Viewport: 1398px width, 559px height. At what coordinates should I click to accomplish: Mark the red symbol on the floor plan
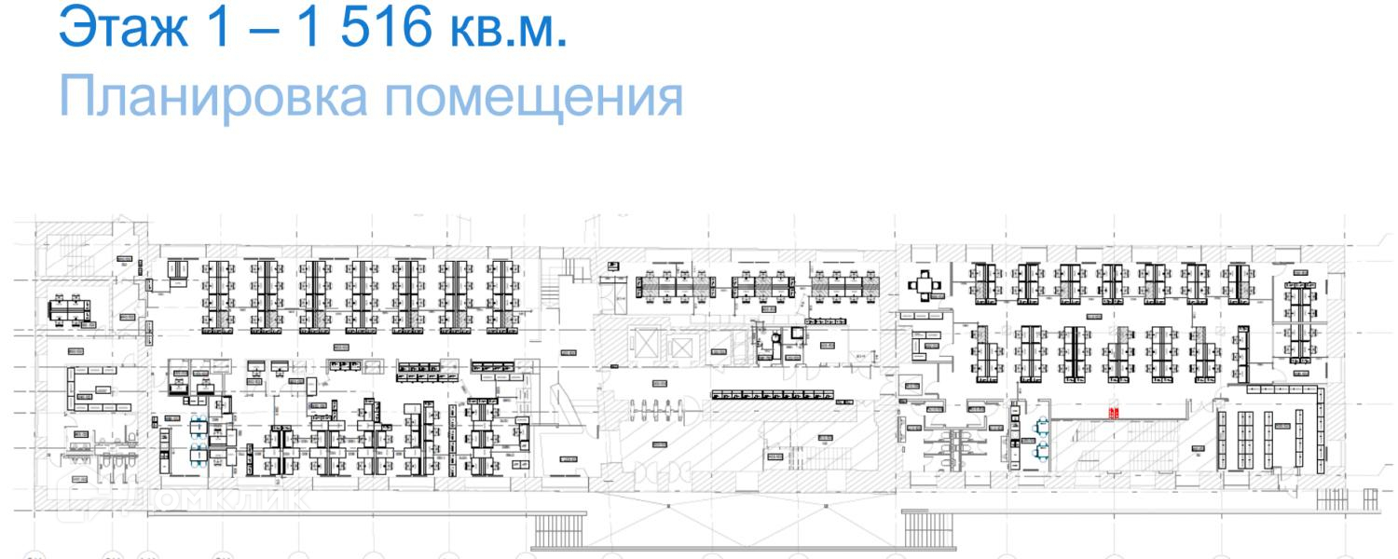(1113, 413)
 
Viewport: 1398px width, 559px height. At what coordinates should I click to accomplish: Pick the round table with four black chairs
(923, 283)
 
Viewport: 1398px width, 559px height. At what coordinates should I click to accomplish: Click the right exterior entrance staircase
(928, 527)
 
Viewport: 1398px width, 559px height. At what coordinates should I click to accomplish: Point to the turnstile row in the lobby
(656, 409)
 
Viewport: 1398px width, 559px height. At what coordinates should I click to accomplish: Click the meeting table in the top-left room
(70, 308)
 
